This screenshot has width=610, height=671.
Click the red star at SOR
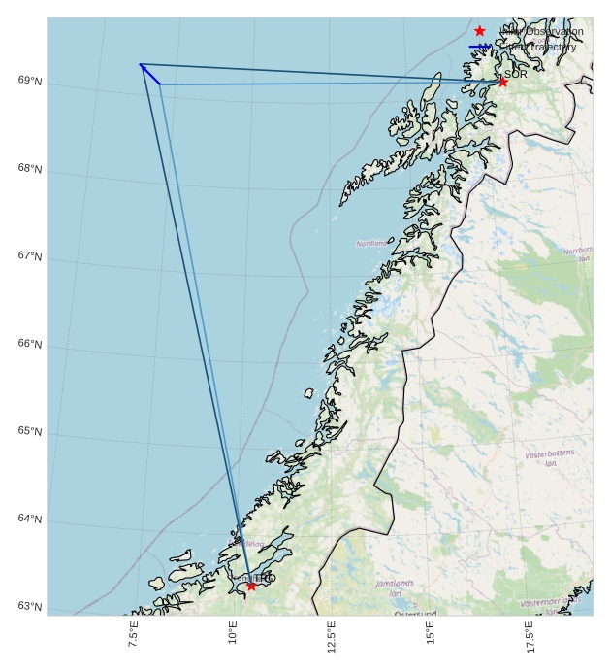502,82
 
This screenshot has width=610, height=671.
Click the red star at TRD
251,586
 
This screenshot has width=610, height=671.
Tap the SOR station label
516,74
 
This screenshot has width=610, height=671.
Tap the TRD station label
265,578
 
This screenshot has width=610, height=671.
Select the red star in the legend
479,32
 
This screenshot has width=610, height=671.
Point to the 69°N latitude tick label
30,81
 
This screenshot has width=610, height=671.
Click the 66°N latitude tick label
30,344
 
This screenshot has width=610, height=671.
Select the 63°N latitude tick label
30,607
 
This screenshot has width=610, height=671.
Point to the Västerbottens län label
550,458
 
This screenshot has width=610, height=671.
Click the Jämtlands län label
395,587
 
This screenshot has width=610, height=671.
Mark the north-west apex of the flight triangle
141,64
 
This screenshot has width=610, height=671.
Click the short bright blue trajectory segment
150,74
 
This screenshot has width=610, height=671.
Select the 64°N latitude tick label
30,520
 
